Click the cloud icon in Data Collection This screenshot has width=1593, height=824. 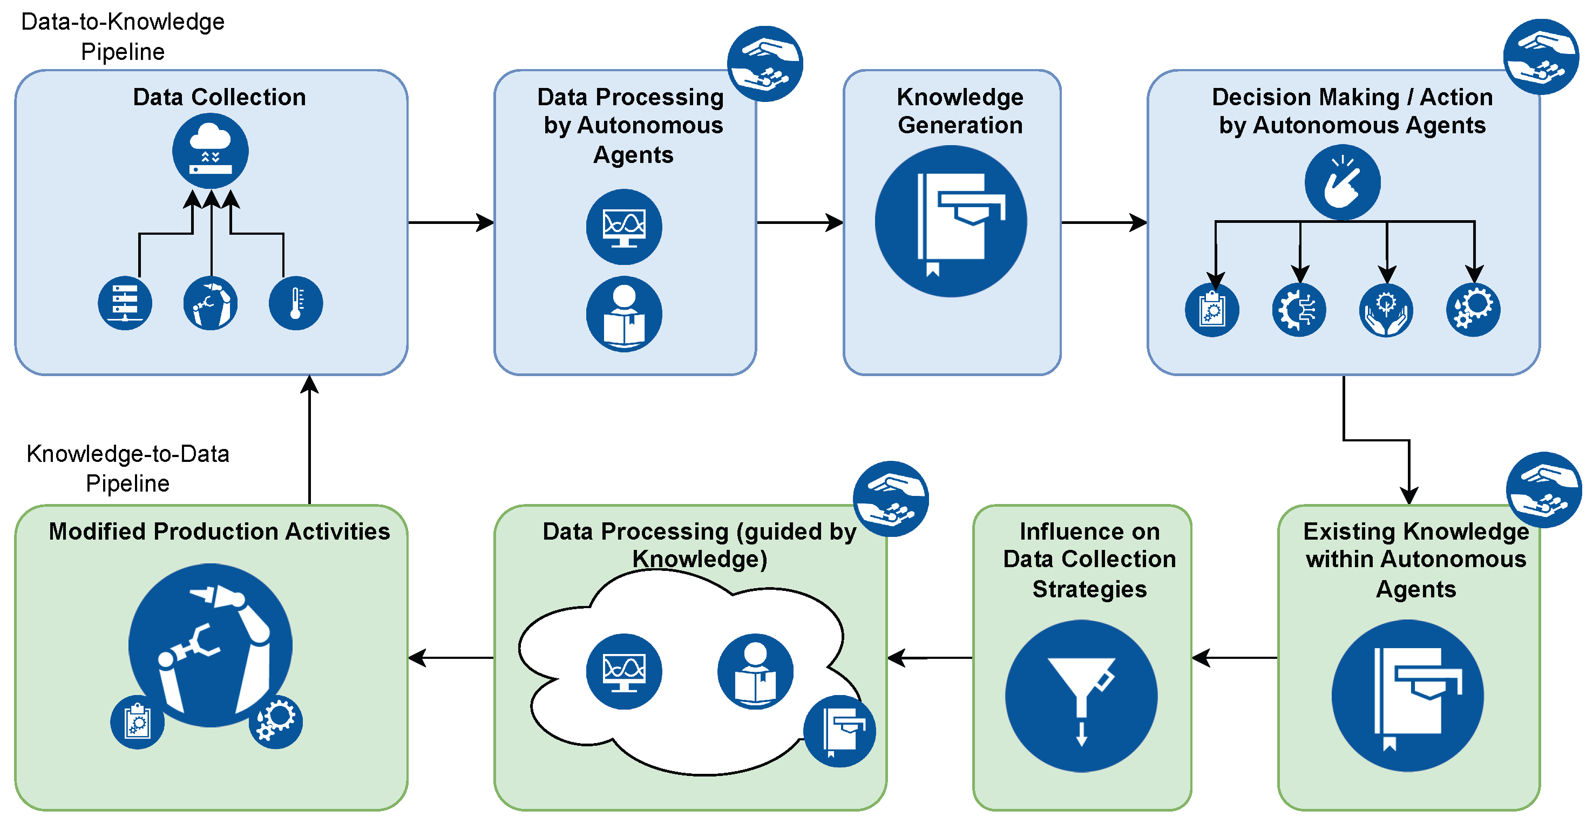click(x=210, y=152)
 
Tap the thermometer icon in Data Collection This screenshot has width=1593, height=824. click(x=296, y=303)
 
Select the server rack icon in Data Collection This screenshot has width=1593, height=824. click(x=125, y=303)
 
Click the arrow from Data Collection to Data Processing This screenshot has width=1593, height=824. click(x=451, y=222)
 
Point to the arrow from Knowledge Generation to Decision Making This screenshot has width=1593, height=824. click(x=1104, y=222)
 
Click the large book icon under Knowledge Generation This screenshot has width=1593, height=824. click(x=951, y=221)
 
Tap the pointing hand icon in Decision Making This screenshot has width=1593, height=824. click(x=1343, y=182)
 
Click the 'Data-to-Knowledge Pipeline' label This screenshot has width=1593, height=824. click(x=123, y=37)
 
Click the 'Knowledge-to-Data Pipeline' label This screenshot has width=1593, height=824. click(x=127, y=468)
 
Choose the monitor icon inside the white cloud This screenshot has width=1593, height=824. click(x=624, y=671)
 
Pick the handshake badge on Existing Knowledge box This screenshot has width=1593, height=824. click(x=1543, y=490)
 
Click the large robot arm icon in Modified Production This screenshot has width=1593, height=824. click(x=210, y=645)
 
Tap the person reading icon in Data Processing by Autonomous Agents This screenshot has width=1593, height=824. click(x=624, y=314)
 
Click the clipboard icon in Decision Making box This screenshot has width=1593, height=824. click(x=1212, y=310)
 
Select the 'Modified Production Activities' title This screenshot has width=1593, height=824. click(x=220, y=532)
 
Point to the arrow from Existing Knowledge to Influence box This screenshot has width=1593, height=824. click(x=1235, y=658)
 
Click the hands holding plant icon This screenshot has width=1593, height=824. click(x=1386, y=310)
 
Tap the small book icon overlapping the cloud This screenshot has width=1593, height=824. click(x=839, y=731)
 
